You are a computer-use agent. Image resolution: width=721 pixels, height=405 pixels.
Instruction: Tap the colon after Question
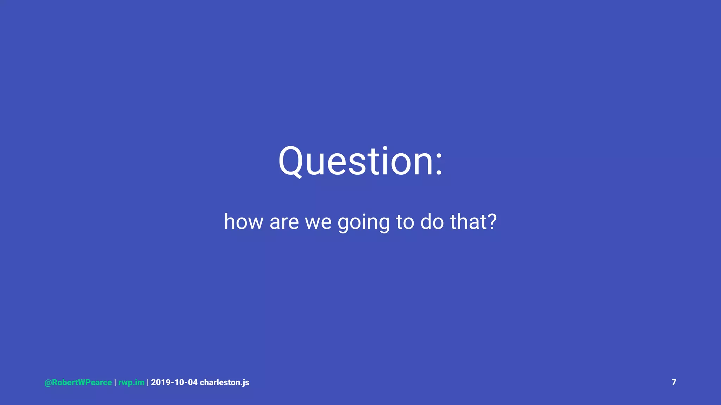(x=439, y=162)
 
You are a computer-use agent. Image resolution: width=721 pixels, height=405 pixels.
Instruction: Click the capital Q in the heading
(x=291, y=161)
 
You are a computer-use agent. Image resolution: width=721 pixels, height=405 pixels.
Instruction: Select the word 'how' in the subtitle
(x=244, y=222)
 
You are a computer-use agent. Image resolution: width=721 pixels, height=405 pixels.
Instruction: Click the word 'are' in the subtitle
(x=284, y=222)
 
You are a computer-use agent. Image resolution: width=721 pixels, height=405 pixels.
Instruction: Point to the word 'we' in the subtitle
(x=318, y=222)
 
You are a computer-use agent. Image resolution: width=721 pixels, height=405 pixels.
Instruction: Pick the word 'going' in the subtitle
(x=363, y=223)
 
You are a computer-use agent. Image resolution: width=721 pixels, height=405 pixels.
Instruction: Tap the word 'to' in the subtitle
(x=405, y=222)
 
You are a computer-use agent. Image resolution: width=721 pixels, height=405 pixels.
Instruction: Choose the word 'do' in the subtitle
(x=432, y=222)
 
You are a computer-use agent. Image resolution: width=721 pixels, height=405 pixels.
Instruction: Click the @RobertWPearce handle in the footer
(x=78, y=382)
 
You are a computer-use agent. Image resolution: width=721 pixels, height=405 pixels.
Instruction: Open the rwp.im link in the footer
(x=131, y=382)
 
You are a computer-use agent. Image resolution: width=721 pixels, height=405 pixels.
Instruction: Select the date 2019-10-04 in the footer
(x=174, y=382)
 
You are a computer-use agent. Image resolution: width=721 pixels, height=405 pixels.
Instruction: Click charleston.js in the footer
(x=225, y=382)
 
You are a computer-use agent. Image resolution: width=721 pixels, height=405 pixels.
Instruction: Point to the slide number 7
(x=674, y=382)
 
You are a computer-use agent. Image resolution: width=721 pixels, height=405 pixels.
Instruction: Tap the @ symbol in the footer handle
(x=48, y=383)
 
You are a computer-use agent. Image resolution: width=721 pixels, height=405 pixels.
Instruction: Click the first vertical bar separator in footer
(x=115, y=382)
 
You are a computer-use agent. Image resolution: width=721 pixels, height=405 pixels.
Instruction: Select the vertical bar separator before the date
(x=148, y=382)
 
